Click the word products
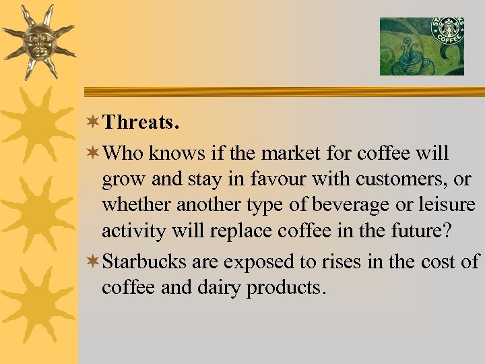[286, 287]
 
